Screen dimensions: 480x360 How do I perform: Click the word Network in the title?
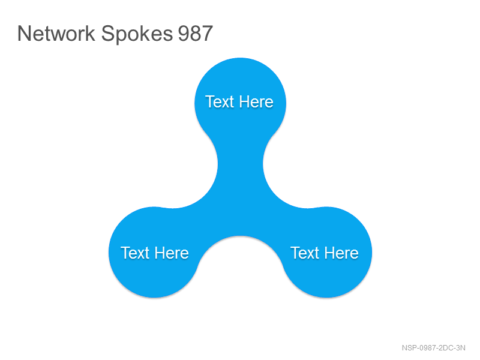(56, 34)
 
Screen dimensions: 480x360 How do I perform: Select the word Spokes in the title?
(137, 34)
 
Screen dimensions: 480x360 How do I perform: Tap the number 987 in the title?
(196, 34)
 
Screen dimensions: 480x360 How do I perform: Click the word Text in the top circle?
(220, 101)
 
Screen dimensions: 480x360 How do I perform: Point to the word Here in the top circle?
(256, 101)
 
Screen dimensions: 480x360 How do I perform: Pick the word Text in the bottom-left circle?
(135, 253)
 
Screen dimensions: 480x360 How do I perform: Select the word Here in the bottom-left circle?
(172, 253)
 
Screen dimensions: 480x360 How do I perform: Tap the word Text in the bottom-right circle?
(305, 253)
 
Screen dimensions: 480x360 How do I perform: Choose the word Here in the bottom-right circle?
(341, 253)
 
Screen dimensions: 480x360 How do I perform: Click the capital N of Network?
(23, 34)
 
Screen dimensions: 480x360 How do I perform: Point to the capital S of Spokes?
(107, 34)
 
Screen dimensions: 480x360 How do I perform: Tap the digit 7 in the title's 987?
(207, 34)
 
